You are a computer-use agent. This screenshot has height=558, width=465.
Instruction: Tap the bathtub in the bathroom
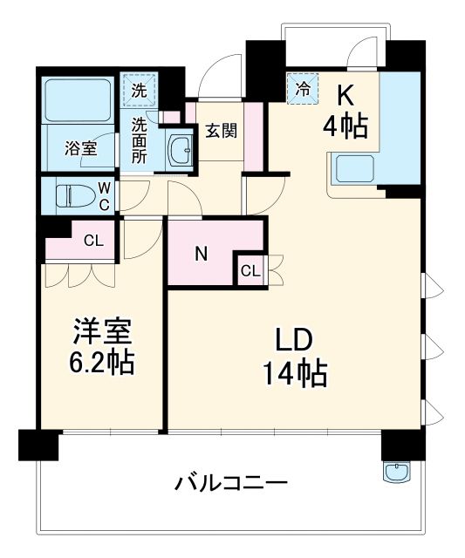coord(78,103)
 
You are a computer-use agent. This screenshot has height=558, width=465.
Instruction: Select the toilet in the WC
coord(73,196)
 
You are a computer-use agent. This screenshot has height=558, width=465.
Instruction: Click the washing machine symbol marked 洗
coord(140,88)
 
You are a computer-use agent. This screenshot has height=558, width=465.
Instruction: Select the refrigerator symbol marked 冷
coord(302,88)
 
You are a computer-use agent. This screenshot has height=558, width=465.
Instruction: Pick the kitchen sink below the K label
coord(352,167)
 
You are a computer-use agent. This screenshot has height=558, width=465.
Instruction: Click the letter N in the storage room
coord(201,255)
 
